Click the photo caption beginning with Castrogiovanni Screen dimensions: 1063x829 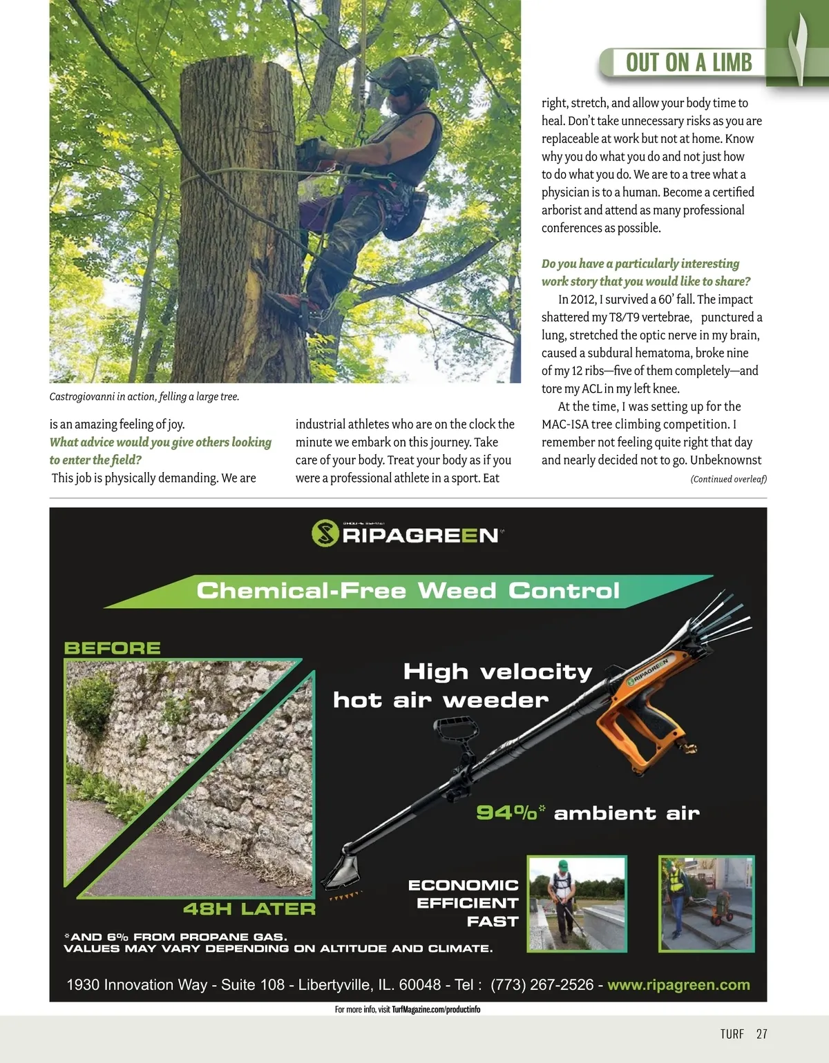click(x=144, y=396)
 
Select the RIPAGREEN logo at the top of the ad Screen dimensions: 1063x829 click(x=408, y=534)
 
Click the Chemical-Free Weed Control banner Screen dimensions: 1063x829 click(x=408, y=591)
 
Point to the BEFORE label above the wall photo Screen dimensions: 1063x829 click(x=112, y=648)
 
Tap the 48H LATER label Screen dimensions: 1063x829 click(x=249, y=908)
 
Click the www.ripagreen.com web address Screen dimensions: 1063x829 click(x=678, y=985)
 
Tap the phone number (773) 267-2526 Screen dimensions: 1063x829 click(x=542, y=985)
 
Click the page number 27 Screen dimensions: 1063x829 click(x=761, y=1033)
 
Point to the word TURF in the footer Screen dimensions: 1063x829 click(x=732, y=1033)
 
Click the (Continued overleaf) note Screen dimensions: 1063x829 click(x=728, y=479)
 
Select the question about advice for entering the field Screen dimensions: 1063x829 click(x=160, y=451)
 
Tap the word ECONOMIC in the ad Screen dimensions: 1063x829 click(x=463, y=885)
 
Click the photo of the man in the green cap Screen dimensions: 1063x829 click(x=577, y=904)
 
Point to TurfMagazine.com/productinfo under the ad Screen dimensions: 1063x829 click(x=435, y=1009)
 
